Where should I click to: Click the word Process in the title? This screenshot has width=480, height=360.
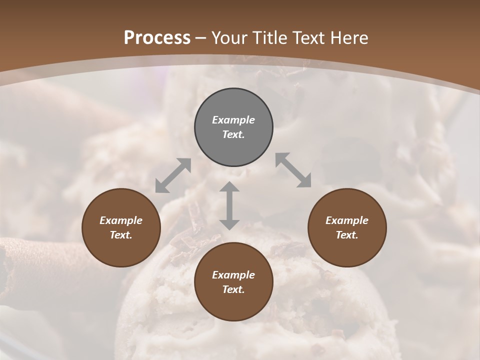point(157,38)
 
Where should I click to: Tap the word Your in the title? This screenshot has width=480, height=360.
point(228,38)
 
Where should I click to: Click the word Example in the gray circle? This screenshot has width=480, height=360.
point(233,120)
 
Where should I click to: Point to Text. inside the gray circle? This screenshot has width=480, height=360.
point(233,134)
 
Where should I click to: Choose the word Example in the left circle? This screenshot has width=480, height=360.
point(121,220)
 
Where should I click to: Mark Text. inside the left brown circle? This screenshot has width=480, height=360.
point(121,235)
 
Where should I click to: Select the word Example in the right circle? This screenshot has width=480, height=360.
point(347,220)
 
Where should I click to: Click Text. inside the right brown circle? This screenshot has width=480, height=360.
point(347,235)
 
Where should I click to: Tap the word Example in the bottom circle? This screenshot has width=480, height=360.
point(233,275)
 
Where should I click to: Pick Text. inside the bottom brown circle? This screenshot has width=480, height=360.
point(233,289)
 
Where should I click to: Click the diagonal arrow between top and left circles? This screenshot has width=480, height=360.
point(173,175)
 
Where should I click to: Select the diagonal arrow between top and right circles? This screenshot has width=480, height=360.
point(293,170)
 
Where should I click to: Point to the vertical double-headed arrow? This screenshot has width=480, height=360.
point(229,205)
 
